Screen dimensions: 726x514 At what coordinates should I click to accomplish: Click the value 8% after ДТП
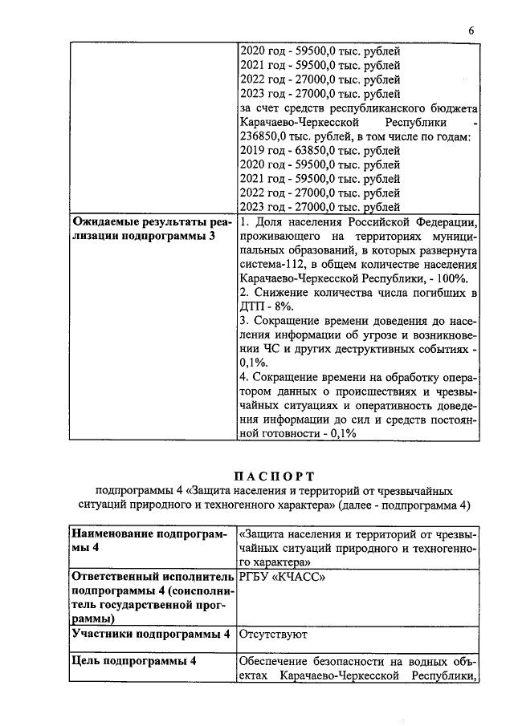(x=287, y=306)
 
